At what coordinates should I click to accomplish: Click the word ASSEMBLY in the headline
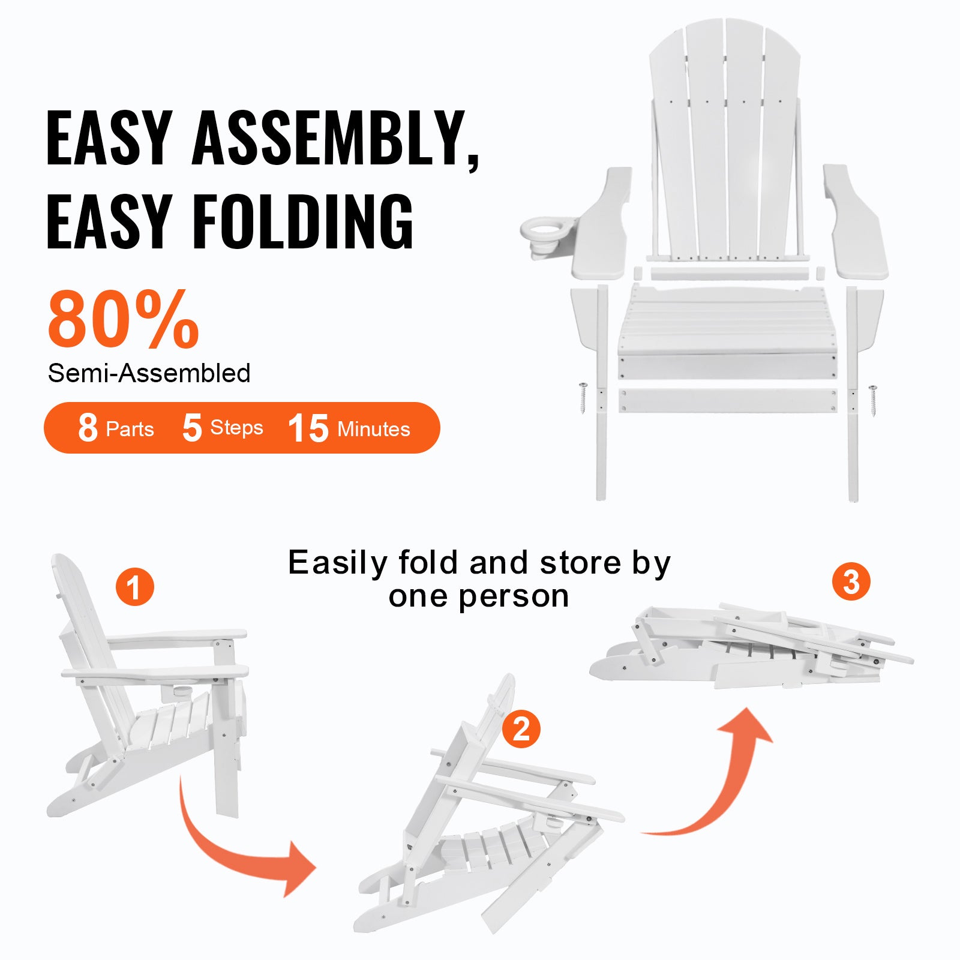(x=336, y=139)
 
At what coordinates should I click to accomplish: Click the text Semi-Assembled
(x=149, y=373)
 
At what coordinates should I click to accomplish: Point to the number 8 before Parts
(x=88, y=428)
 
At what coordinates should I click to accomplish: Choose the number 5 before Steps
(x=192, y=428)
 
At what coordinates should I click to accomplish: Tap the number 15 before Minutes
(x=308, y=428)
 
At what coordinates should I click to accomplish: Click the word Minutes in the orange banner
(x=374, y=429)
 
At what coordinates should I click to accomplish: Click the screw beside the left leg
(x=583, y=397)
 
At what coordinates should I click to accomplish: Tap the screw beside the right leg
(x=872, y=400)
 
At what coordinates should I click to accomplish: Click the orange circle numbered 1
(x=135, y=587)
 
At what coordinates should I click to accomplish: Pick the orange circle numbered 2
(x=521, y=729)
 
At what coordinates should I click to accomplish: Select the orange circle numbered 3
(x=851, y=581)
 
